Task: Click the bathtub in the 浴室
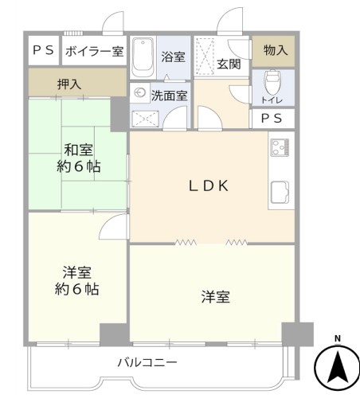pos(143,57)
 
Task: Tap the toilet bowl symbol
pos(272,82)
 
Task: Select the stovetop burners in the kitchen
pos(280,147)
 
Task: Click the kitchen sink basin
pos(280,193)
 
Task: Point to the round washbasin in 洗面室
pos(139,93)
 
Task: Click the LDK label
pos(209,185)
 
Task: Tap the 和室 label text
pos(79,150)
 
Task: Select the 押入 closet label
pos(69,84)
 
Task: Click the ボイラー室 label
pos(94,51)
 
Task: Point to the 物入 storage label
pos(276,50)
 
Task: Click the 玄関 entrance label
pos(229,64)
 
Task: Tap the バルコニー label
pos(147,362)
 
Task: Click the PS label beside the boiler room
pos(43,50)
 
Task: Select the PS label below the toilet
pos(272,119)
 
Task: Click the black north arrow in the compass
pos(337,367)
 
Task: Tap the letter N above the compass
pos(337,338)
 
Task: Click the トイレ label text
pos(272,100)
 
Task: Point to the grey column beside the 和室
pos(119,114)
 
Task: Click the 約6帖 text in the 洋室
pos(77,289)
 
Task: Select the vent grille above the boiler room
pos(73,33)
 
